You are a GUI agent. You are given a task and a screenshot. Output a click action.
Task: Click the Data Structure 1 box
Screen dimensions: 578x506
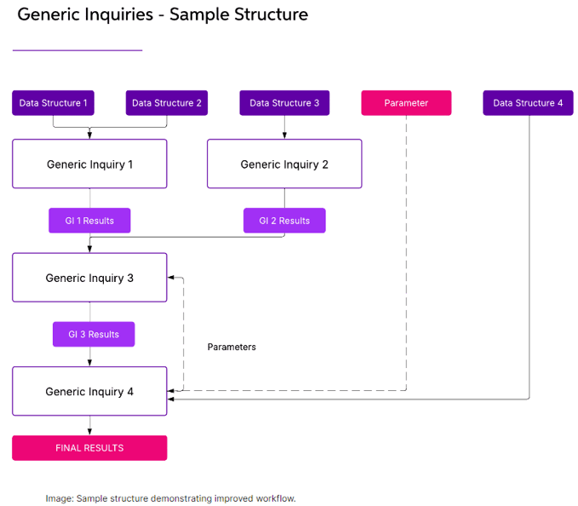53,103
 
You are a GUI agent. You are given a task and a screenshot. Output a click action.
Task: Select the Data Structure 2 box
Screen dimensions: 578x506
167,103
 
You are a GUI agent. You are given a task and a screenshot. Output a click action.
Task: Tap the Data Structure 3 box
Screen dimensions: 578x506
284,103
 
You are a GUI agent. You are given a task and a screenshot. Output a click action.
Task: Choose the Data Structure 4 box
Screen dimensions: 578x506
528,103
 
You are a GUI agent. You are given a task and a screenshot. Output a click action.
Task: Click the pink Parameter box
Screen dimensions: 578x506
406,103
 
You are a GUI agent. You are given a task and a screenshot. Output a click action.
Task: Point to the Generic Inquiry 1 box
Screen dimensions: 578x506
89,164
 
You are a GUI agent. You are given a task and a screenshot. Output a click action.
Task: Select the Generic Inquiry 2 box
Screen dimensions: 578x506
284,164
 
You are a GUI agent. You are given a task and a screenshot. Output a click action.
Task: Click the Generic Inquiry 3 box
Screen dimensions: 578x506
89,278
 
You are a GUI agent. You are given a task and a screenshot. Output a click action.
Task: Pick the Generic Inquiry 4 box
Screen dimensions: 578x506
89,391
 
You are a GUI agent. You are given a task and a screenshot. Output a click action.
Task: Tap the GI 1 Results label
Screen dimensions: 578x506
89,221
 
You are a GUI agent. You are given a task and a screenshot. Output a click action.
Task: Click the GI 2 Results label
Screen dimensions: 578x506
284,221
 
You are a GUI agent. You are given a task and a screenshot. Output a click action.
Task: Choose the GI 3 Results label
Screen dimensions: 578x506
94,334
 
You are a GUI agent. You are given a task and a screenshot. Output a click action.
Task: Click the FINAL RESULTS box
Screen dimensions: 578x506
89,448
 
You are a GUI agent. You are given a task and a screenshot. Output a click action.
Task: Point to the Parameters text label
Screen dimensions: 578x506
232,347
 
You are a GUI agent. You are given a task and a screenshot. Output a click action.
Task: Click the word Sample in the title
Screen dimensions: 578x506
199,14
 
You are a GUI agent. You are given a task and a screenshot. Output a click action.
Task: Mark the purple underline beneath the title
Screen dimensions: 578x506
77,50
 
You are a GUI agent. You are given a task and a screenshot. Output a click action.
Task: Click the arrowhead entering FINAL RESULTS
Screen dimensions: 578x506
89,432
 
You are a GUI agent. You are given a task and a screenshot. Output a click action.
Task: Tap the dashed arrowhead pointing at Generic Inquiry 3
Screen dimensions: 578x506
171,278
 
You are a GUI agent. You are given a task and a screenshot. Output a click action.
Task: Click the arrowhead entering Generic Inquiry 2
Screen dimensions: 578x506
284,135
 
